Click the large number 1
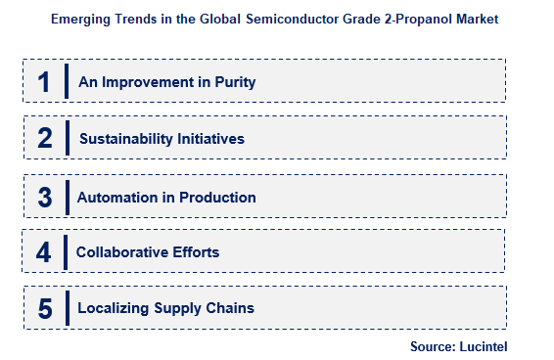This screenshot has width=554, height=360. pyautogui.click(x=44, y=82)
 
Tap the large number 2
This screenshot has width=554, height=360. pyautogui.click(x=44, y=139)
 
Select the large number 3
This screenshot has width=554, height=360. pyautogui.click(x=44, y=197)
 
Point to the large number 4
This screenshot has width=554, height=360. pyautogui.click(x=44, y=253)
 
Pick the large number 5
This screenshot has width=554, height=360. pyautogui.click(x=44, y=309)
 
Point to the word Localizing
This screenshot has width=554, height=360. pyautogui.click(x=112, y=308)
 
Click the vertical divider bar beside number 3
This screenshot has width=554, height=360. pyautogui.click(x=68, y=197)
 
